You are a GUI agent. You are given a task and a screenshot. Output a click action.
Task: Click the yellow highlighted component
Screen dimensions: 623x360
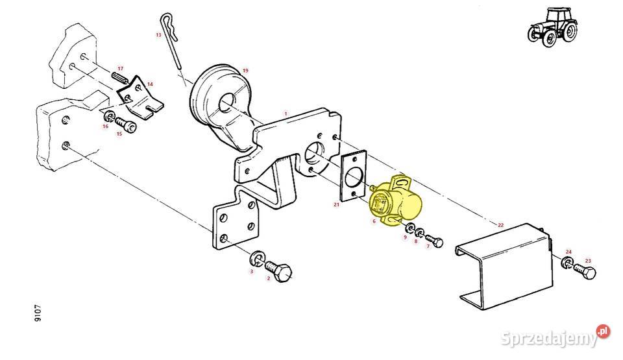(x=395, y=200)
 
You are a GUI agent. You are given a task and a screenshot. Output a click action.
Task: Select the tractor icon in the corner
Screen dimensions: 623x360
(x=552, y=27)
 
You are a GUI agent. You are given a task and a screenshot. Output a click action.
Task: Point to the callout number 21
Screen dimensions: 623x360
(x=337, y=204)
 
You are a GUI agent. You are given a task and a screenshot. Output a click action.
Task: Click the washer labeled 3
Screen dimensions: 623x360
(x=257, y=259)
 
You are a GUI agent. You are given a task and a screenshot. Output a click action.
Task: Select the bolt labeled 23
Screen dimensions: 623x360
(x=585, y=272)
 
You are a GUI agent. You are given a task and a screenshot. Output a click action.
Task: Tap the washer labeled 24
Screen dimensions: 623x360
(x=567, y=262)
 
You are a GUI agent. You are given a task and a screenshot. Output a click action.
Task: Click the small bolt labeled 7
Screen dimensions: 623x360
(x=434, y=240)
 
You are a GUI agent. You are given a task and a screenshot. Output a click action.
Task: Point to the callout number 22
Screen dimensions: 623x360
(x=500, y=225)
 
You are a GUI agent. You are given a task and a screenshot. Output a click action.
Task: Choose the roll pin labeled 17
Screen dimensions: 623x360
(x=120, y=77)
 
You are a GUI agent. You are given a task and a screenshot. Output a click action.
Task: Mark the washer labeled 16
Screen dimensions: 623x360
(x=109, y=116)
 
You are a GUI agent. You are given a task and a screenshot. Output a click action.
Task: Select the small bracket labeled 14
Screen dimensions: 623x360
(x=140, y=97)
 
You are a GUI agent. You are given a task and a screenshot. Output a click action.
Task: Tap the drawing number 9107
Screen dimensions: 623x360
(x=38, y=313)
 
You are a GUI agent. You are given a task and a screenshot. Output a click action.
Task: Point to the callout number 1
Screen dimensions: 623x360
(x=286, y=114)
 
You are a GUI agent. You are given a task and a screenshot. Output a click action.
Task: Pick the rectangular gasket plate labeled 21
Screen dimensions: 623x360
(x=354, y=176)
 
